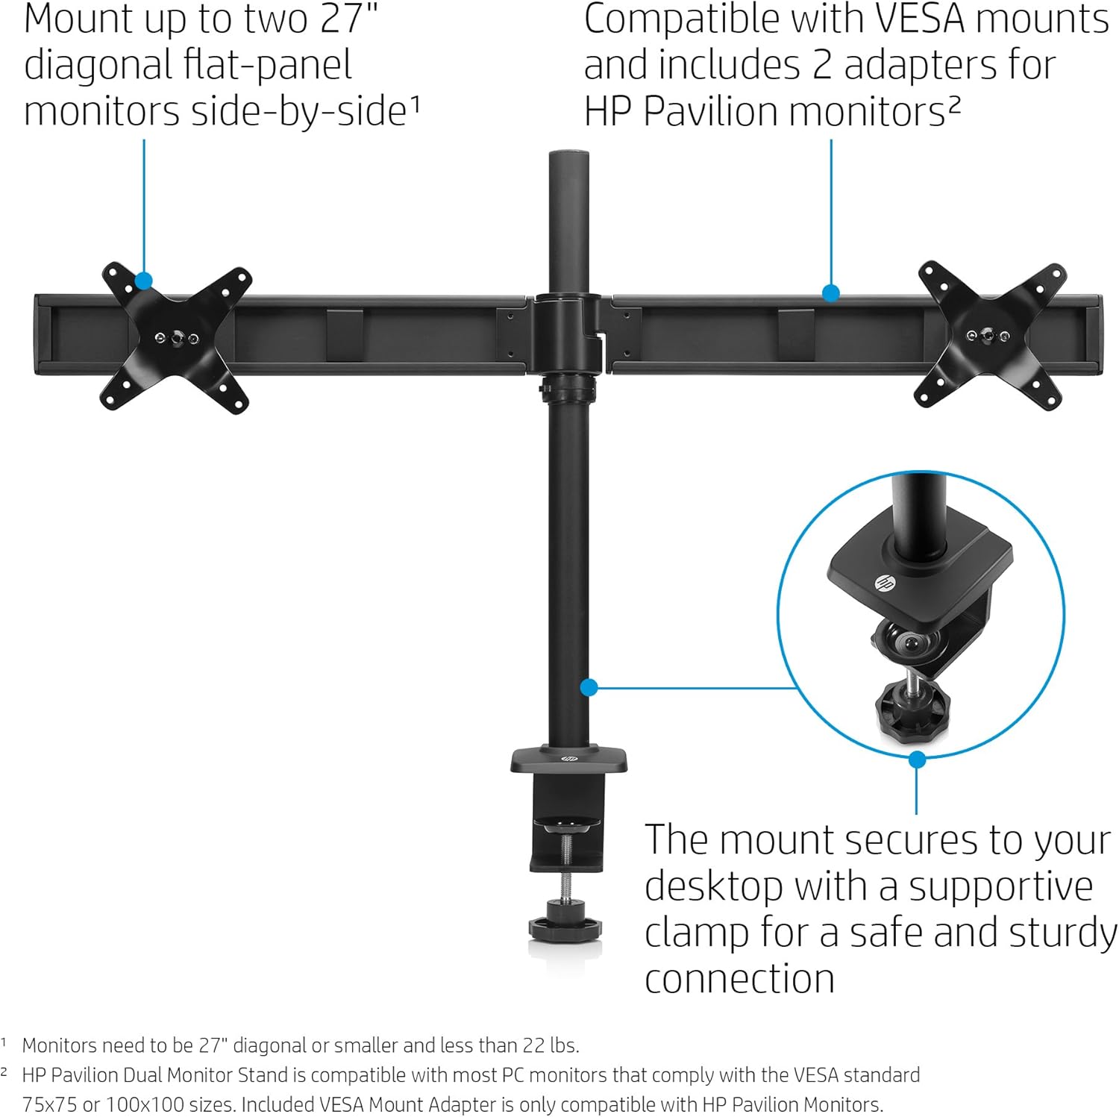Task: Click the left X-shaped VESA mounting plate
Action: (176, 338)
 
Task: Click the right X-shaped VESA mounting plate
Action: (990, 335)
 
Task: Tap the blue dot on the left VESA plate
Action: (144, 281)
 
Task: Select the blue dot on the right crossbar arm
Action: (830, 293)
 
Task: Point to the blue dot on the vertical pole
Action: (589, 687)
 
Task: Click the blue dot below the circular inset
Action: (917, 760)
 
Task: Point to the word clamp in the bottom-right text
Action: (695, 933)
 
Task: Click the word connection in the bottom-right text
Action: (739, 979)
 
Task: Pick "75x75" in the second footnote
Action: (50, 1104)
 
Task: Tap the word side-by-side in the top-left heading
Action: (298, 112)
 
